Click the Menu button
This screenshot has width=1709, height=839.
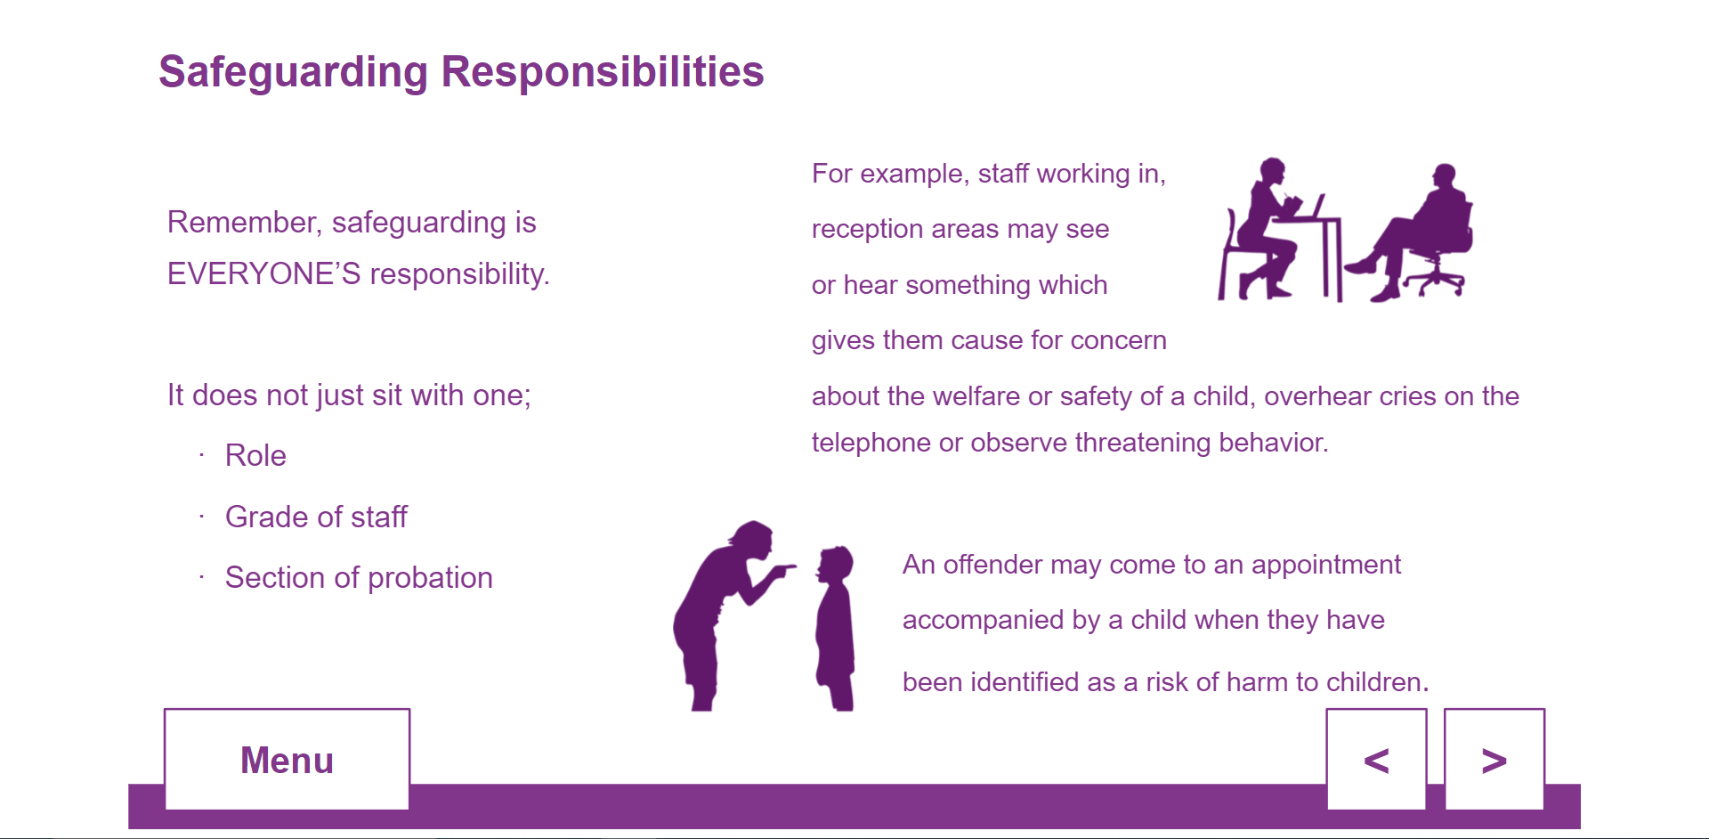coord(287,760)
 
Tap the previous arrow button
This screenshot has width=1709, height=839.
coord(1376,760)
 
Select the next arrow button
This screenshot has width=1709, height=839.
coord(1494,760)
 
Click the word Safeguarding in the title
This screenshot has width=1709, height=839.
coord(293,72)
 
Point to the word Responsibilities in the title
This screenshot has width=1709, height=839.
coord(603,71)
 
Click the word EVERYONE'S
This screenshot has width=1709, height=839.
coord(263,273)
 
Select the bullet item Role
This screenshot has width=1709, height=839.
coord(255,455)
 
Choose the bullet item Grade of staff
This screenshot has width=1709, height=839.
coord(316,517)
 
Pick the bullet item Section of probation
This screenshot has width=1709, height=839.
coord(359,578)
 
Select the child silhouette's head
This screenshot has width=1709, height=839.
coord(836,564)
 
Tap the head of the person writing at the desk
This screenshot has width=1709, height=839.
coord(1273,171)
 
